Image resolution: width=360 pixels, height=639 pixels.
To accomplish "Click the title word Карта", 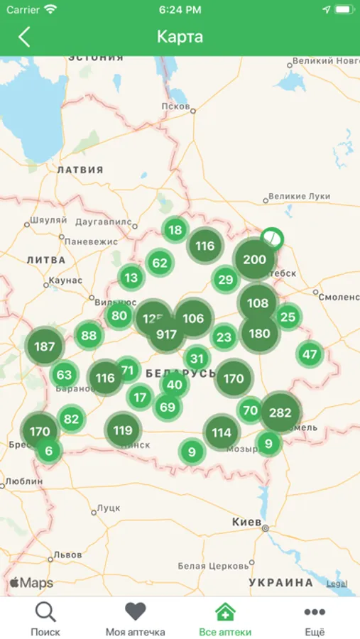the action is tap(180, 37).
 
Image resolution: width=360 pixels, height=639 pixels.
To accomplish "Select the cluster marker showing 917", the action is tap(166, 334).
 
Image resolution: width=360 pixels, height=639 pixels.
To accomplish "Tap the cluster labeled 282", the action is tap(280, 413).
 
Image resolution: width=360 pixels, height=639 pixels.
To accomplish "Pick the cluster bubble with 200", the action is tap(254, 260).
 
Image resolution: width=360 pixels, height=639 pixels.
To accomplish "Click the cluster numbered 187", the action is tap(44, 346).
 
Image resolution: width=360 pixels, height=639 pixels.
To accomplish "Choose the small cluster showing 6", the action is tap(48, 451).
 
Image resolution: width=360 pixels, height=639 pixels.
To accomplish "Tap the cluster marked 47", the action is tap(310, 354).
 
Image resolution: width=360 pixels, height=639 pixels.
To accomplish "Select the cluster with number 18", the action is tap(175, 229).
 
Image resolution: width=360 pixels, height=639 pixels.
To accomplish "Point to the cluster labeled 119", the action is tap(123, 430).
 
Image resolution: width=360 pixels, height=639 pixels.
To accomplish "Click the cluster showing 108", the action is tap(257, 303).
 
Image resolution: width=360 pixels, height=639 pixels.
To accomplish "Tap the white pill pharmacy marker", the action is tap(271, 237).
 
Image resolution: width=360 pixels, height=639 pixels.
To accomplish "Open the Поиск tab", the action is tap(45, 618).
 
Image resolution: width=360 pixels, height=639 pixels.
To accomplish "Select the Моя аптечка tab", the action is tap(135, 618).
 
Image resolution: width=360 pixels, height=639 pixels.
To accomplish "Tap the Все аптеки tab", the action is tap(225, 618).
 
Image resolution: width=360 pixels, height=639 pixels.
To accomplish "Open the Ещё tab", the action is tap(315, 618).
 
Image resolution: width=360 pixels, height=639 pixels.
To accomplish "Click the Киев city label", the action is tap(246, 522).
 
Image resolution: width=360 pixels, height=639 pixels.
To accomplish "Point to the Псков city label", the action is tap(175, 106).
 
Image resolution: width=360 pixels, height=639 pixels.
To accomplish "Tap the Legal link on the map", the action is tap(337, 584).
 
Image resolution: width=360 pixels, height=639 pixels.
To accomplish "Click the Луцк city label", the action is tap(109, 508).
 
